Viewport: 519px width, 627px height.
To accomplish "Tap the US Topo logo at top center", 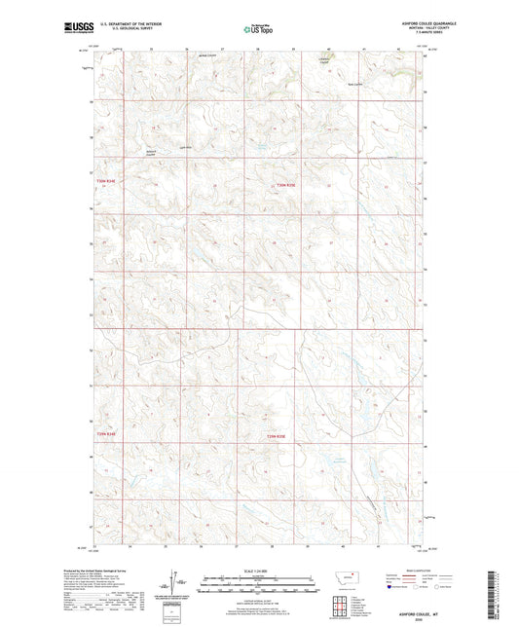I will [258, 29].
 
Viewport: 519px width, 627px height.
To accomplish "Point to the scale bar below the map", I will [258, 583].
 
